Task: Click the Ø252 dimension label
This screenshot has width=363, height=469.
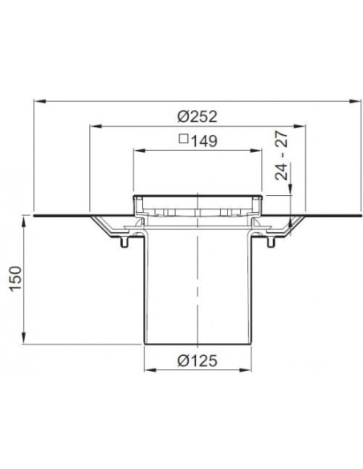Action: (x=197, y=116)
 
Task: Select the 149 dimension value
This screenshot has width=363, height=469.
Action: (x=204, y=141)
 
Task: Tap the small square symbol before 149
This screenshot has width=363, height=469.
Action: (x=184, y=139)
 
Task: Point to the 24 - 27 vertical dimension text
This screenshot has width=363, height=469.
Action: (x=282, y=156)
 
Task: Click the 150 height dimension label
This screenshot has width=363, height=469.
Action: (x=15, y=278)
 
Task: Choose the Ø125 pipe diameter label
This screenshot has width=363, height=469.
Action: (x=197, y=361)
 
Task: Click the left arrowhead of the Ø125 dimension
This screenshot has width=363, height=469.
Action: (x=150, y=370)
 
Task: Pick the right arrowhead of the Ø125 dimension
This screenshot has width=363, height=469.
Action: (x=246, y=370)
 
